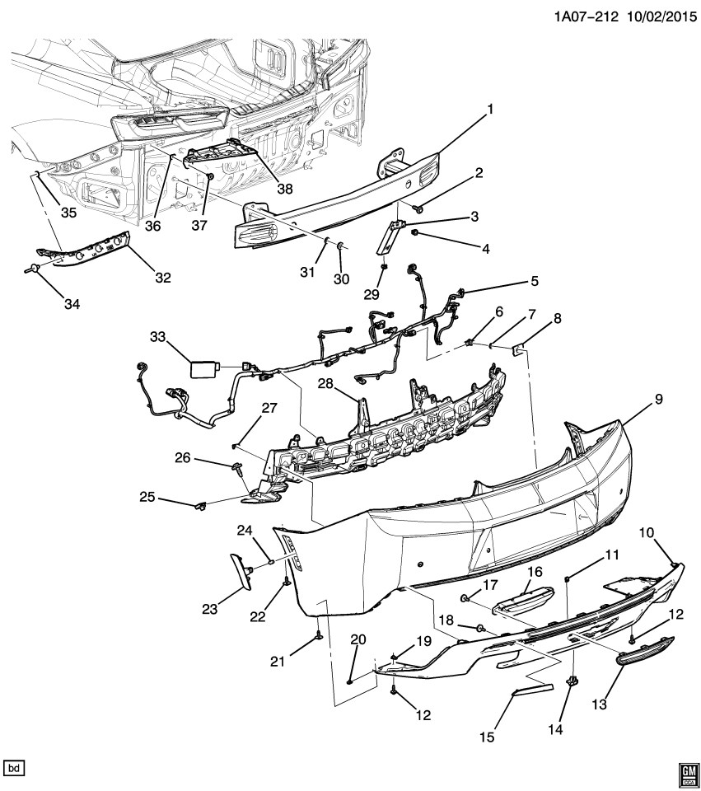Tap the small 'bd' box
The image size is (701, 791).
pyautogui.click(x=15, y=768)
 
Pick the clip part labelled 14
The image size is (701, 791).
pyautogui.click(x=572, y=681)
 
